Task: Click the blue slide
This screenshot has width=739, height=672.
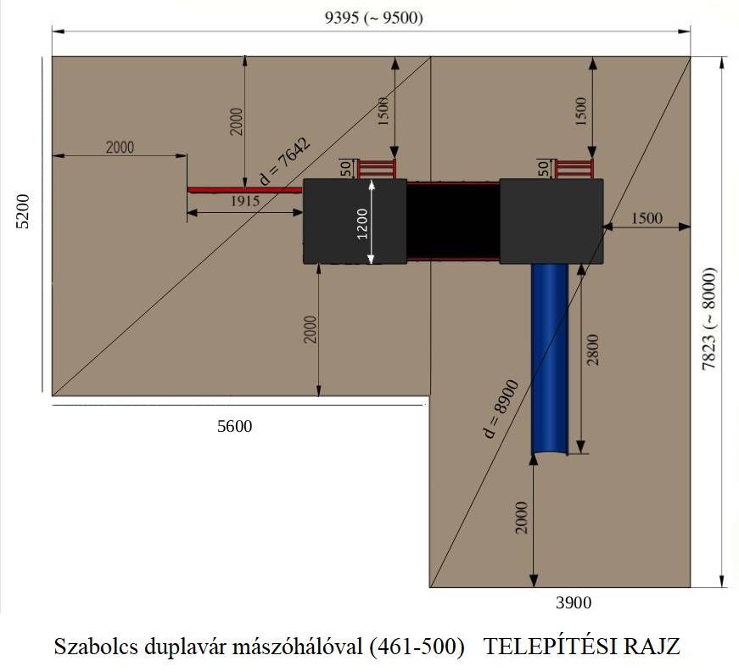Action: pos(550,359)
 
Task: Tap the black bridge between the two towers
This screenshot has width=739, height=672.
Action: pos(453,221)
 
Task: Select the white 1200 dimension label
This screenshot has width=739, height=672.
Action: pos(362,223)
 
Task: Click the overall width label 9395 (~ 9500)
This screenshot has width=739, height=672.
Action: pos(373,18)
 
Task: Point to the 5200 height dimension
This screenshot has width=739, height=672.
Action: pos(23,211)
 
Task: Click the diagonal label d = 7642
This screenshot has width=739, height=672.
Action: pos(285,161)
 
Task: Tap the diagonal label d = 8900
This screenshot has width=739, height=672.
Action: pos(501,409)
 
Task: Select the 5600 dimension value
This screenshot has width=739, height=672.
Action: pos(235,426)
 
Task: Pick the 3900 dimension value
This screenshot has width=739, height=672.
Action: pos(574,602)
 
